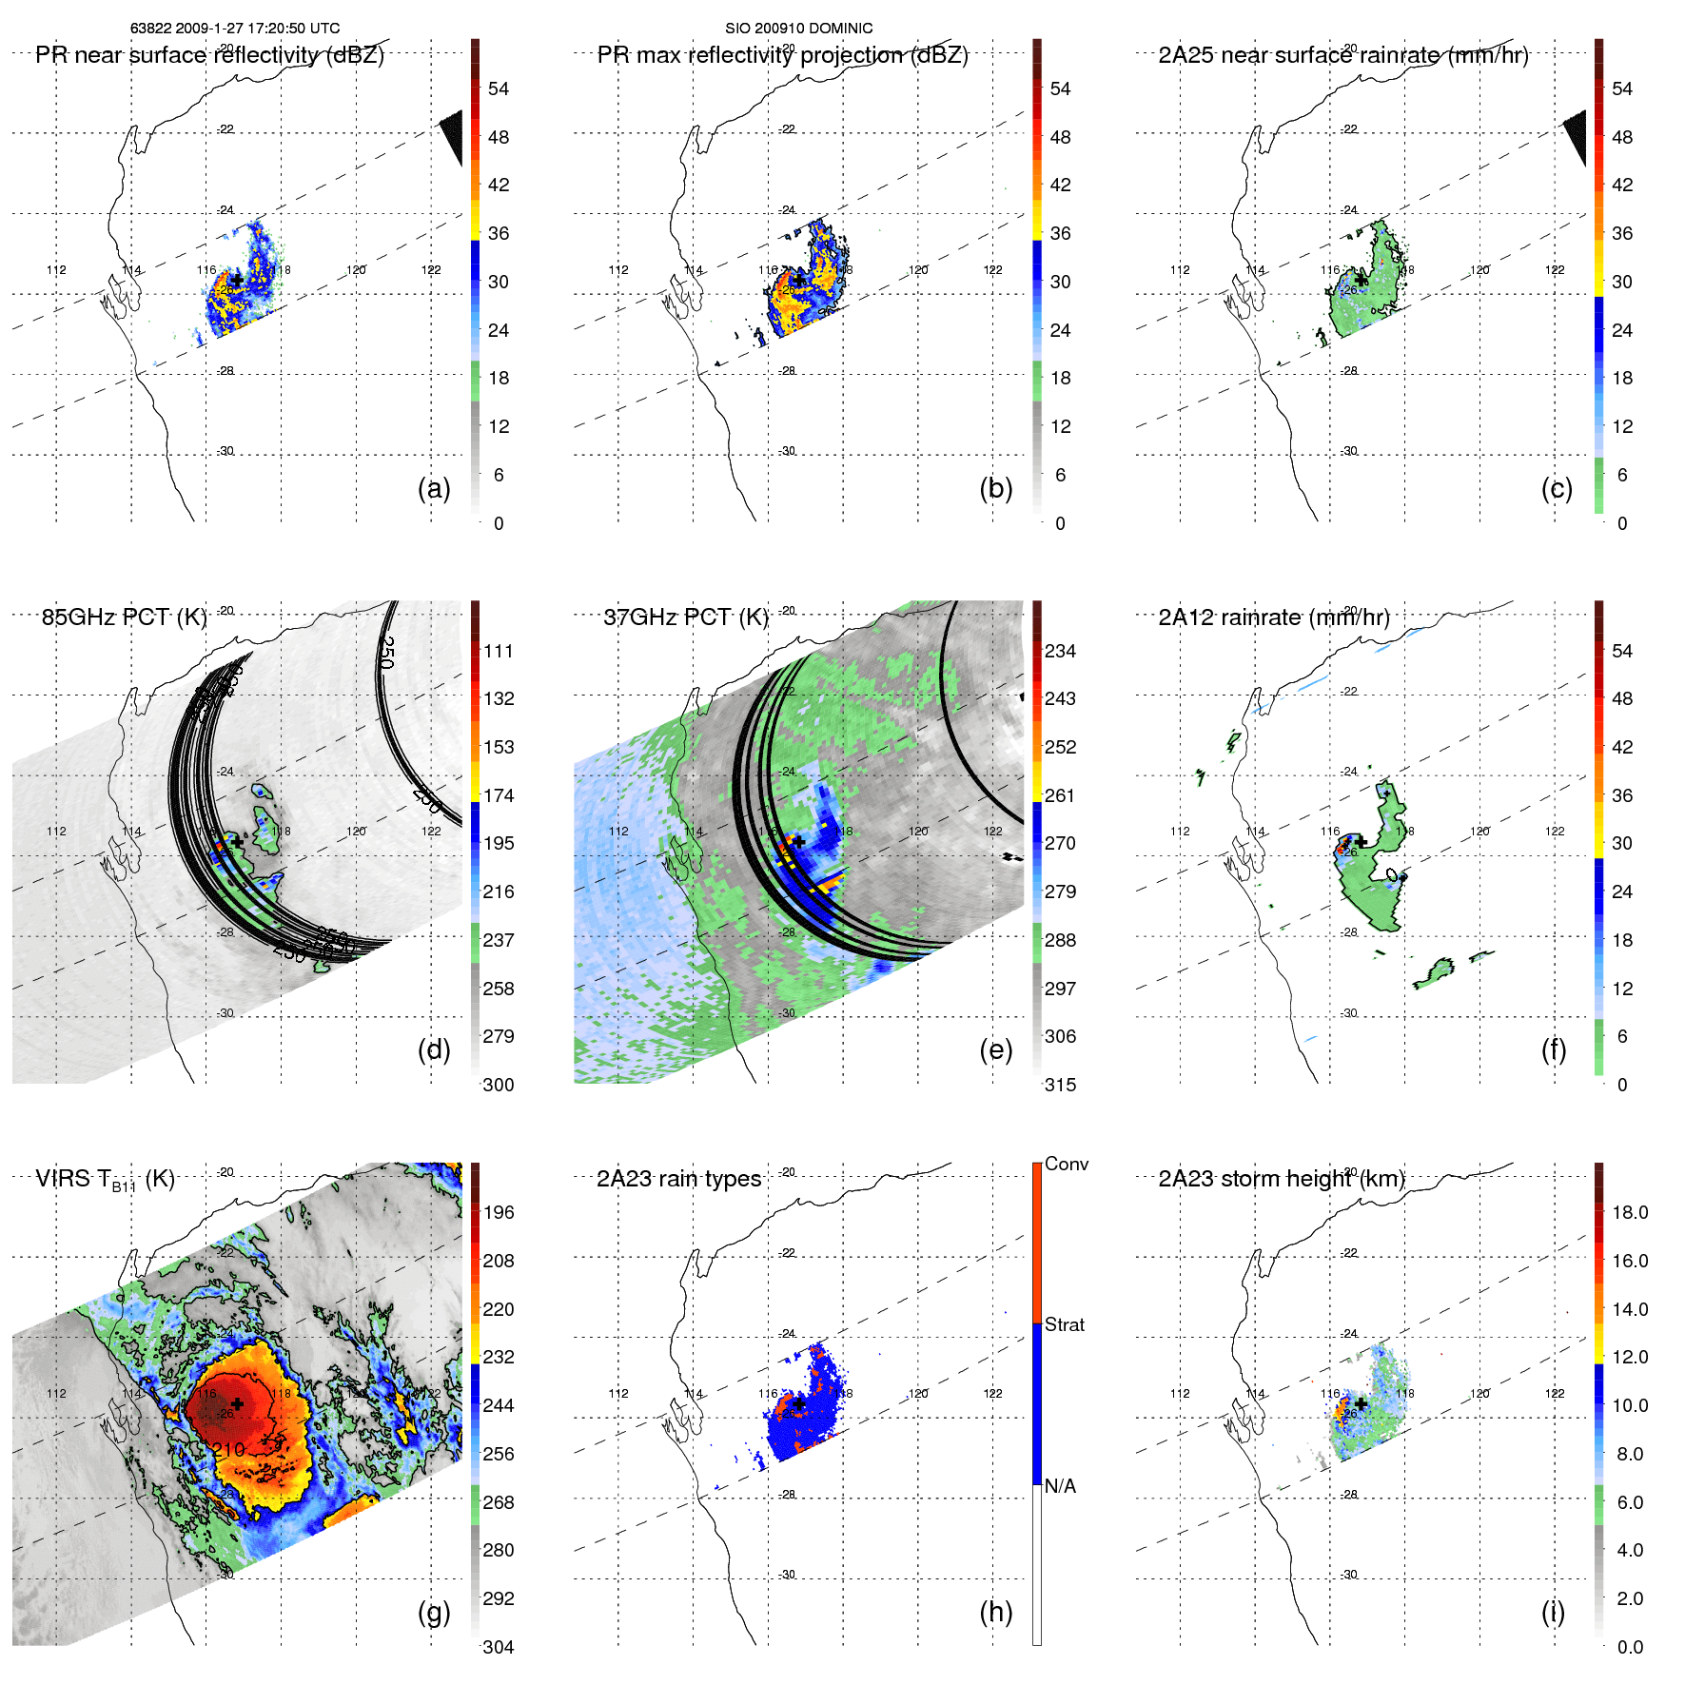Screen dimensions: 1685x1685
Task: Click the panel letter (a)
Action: [x=434, y=489]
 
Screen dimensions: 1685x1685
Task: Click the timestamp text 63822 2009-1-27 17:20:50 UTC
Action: [x=234, y=29]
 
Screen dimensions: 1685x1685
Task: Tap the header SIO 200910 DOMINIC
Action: [x=798, y=29]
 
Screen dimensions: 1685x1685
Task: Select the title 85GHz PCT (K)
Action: [x=125, y=617]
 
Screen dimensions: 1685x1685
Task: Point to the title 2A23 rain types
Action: [x=678, y=1179]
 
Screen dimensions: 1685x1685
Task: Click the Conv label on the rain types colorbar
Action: [x=1066, y=1165]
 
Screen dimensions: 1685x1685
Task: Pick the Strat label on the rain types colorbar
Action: [x=1064, y=1324]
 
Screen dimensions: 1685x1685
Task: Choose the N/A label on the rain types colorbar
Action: [x=1060, y=1486]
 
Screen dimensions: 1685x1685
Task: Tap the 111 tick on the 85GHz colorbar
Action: [x=499, y=652]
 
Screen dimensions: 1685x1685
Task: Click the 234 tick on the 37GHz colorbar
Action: [x=1060, y=652]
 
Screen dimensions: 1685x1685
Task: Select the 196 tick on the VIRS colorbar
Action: [x=499, y=1213]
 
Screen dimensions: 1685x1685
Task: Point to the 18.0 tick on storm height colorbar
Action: [x=1630, y=1213]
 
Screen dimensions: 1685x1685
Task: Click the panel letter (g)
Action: [x=434, y=1612]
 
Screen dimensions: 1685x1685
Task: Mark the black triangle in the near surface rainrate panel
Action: [x=1577, y=136]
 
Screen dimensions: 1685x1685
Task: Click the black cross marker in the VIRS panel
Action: [x=237, y=1403]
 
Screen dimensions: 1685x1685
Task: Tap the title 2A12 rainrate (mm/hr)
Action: [x=1274, y=617]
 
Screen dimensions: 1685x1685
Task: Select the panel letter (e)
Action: [x=995, y=1050]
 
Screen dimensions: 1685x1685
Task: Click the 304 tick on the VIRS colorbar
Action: [x=499, y=1647]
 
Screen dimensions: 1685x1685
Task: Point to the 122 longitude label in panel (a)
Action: [x=431, y=270]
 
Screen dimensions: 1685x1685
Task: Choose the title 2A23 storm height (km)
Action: [x=1282, y=1179]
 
